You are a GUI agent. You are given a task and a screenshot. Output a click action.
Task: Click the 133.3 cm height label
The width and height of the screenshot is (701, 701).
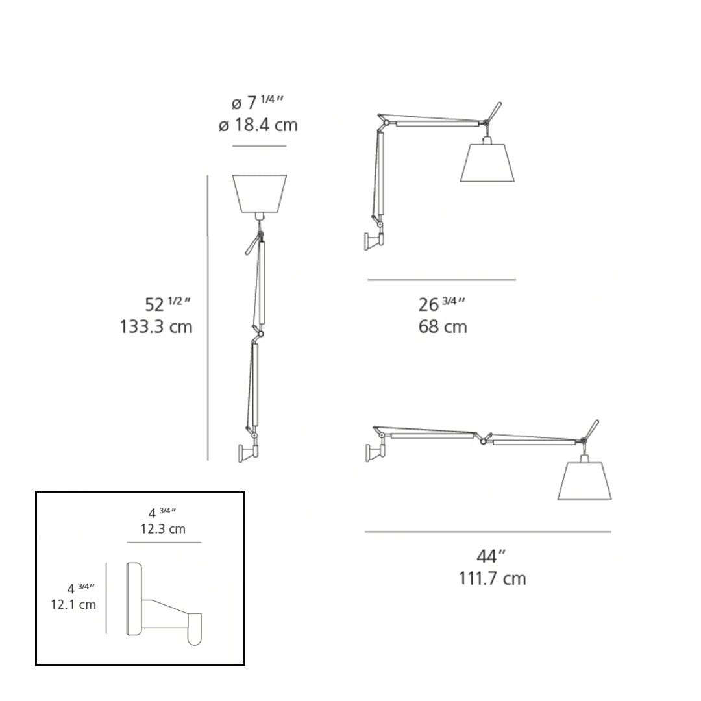click(x=156, y=326)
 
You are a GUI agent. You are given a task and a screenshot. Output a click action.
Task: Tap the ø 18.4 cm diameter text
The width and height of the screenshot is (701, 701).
click(x=258, y=125)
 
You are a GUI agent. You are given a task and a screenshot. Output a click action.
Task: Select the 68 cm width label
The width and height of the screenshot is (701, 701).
click(x=443, y=326)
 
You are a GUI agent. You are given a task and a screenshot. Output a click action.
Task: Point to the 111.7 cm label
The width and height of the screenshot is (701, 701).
click(x=492, y=578)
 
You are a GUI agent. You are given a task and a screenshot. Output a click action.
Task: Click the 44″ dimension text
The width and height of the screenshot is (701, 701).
click(x=491, y=556)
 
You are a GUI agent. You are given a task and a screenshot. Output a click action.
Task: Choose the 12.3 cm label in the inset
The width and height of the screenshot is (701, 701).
click(x=163, y=530)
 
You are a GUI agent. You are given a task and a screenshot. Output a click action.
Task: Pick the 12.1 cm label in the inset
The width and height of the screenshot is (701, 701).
click(x=73, y=605)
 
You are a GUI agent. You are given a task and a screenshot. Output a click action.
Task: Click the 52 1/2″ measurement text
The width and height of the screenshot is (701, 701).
click(x=167, y=304)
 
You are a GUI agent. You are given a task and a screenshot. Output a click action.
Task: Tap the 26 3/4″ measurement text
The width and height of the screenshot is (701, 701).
click(x=442, y=304)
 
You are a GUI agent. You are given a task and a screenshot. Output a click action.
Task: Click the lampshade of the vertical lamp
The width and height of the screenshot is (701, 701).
click(x=259, y=193)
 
